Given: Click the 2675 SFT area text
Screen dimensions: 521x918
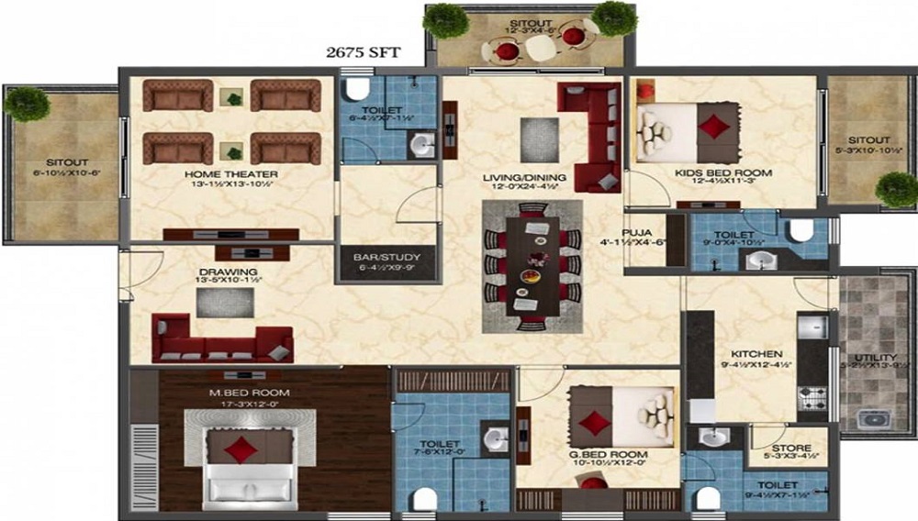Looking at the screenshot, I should coord(364,53).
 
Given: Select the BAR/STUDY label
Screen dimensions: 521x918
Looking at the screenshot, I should coord(371,258).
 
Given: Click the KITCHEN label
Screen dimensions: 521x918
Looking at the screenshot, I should coord(756,354).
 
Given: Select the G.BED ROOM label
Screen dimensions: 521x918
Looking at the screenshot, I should coord(608,454).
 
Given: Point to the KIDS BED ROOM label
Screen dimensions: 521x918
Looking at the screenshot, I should coord(723,172).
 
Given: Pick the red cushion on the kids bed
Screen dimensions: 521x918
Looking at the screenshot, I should coord(714,126).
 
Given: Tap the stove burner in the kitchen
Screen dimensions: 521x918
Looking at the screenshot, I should coord(812,398).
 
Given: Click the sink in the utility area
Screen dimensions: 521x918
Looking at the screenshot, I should coord(873,419).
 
